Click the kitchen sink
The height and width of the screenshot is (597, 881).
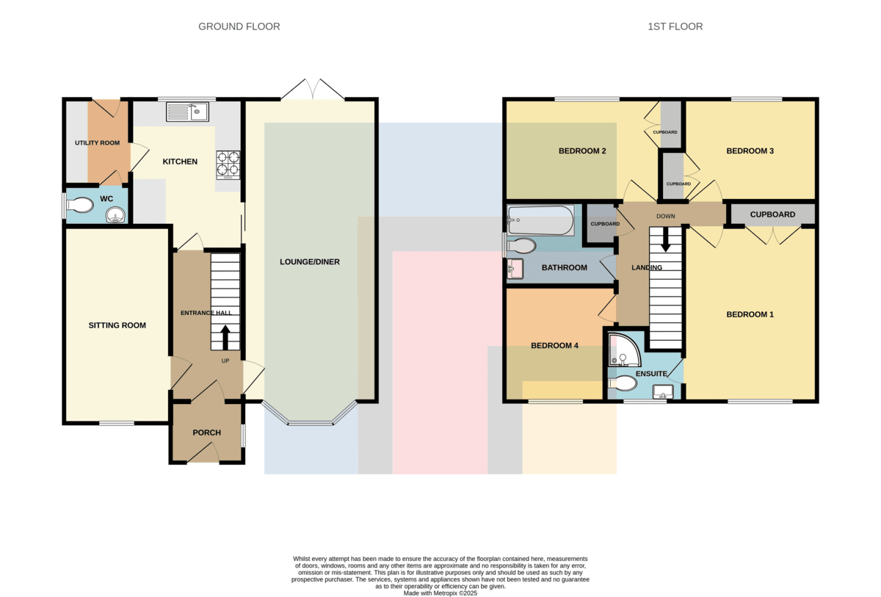187,112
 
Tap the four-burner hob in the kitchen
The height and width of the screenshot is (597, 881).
228,165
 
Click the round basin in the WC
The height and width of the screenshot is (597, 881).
115,214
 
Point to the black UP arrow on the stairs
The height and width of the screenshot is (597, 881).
225,337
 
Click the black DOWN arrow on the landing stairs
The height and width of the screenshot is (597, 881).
665,240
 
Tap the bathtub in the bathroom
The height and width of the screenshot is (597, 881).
541,220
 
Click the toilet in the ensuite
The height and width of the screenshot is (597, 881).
623,383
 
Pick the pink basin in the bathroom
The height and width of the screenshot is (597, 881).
515,269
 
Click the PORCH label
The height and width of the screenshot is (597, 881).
206,433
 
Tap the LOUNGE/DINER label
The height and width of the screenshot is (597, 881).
310,262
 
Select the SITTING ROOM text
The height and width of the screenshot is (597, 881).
117,325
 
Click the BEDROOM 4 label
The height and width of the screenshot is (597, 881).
554,346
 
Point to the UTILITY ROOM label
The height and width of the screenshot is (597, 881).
97,142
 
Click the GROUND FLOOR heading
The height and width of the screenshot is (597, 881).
239,26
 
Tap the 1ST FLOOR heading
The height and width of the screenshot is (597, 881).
675,26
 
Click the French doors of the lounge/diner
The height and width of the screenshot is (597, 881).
313,89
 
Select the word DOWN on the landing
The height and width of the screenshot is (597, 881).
665,217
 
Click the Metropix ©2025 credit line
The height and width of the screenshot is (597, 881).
440,593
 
